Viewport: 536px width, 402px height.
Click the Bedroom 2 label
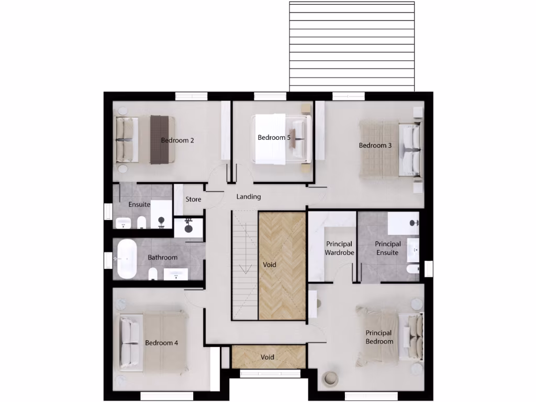point(177,140)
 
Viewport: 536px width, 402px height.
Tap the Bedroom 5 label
point(274,138)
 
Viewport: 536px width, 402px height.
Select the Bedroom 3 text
point(375,146)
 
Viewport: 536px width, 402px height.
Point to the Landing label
point(249,197)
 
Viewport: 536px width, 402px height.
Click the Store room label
point(193,199)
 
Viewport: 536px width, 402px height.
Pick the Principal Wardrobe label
point(340,248)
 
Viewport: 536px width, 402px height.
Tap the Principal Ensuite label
point(388,248)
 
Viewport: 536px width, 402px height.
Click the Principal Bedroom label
point(379,337)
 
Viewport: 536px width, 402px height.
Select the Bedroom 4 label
point(162,343)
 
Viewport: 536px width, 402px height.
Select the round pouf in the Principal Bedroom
point(331,378)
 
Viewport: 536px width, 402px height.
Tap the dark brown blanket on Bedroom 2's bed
point(162,139)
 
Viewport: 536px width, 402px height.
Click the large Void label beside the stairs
point(270,265)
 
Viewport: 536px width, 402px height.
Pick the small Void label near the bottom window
point(267,358)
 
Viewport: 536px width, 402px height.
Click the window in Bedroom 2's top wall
point(191,96)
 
